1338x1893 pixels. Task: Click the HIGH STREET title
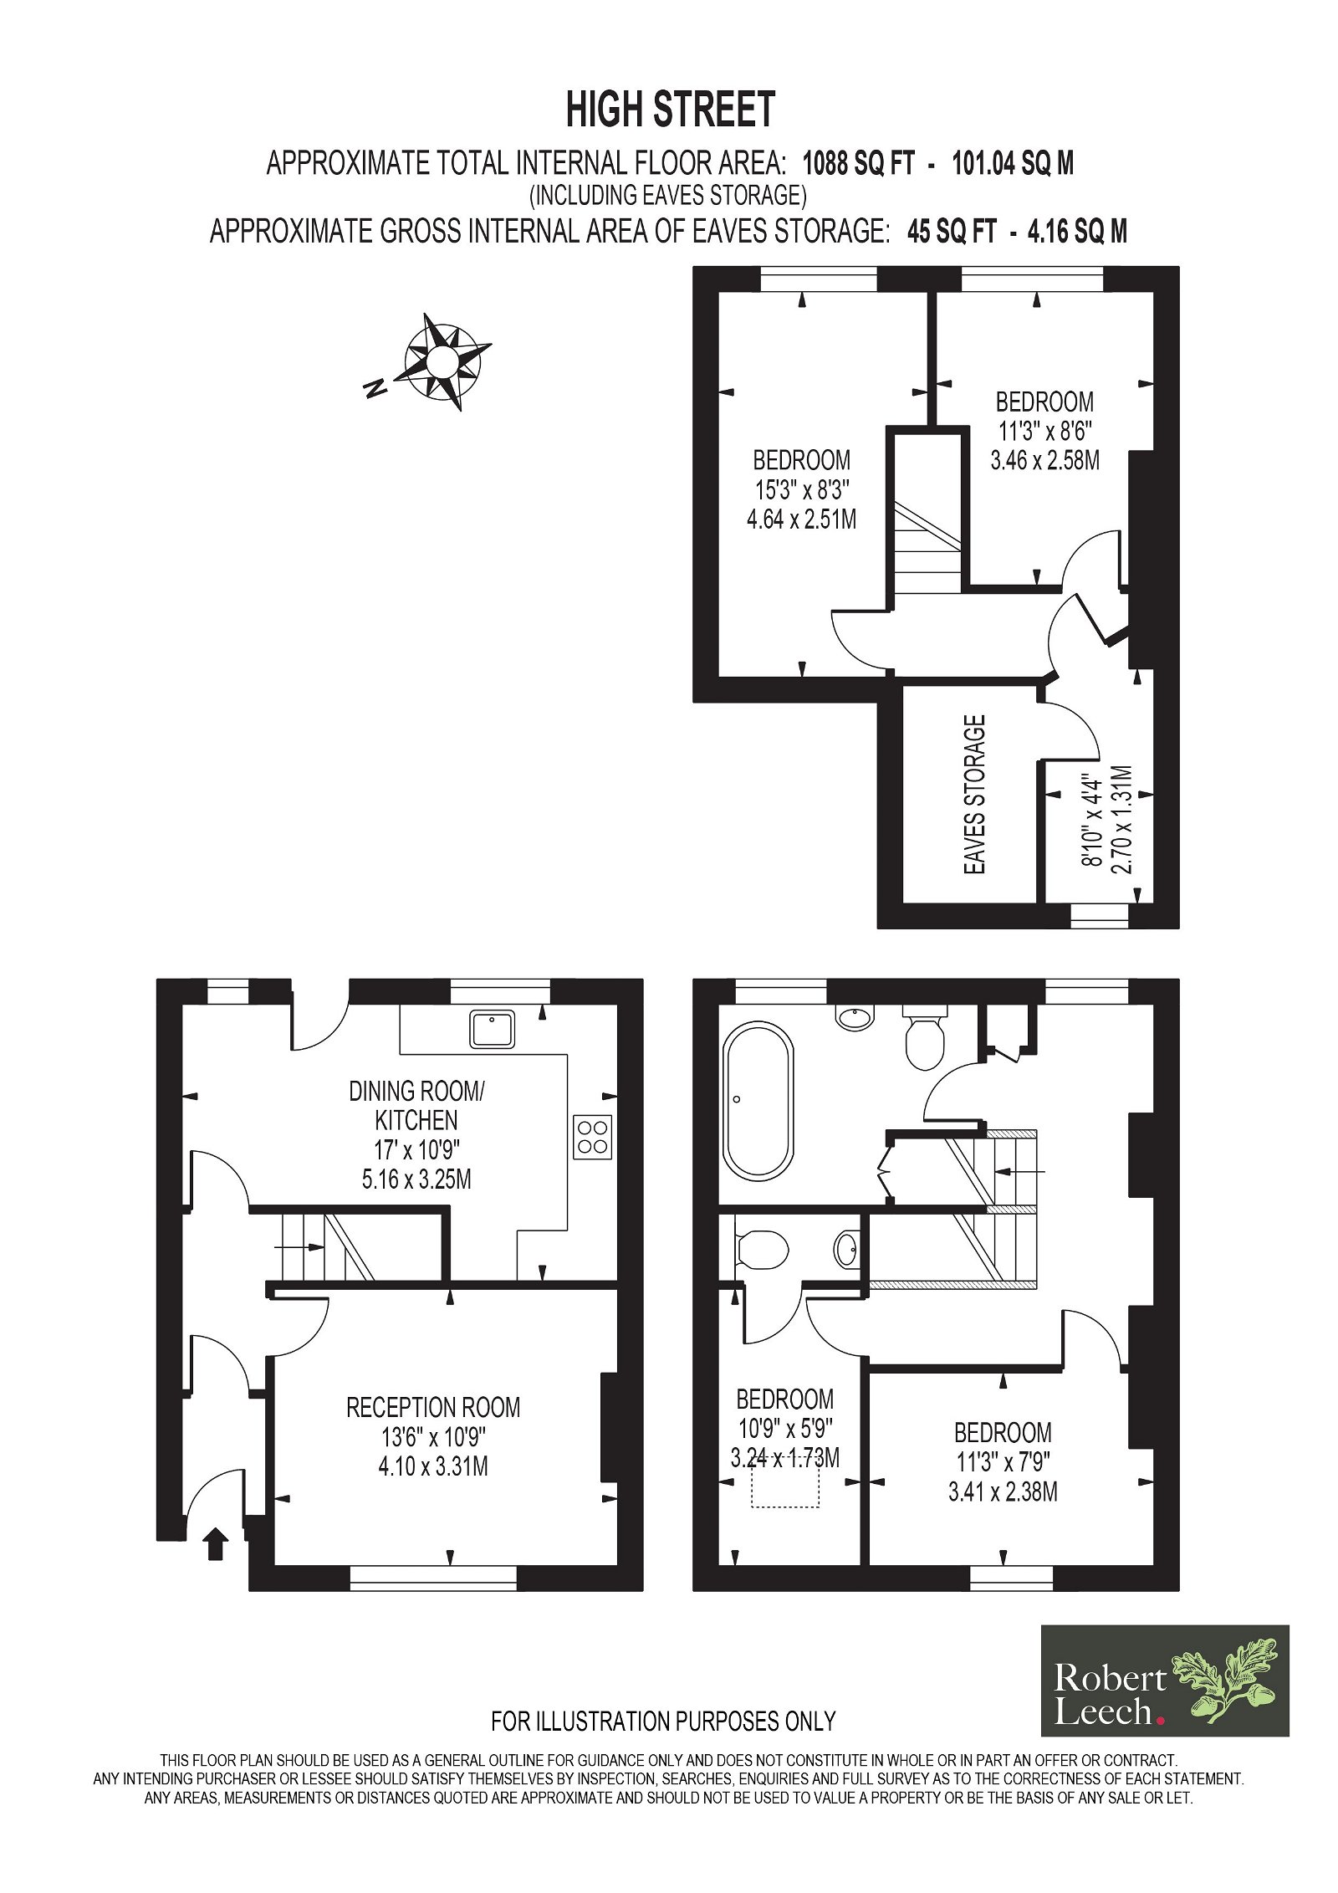(x=670, y=110)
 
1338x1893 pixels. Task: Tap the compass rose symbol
(x=444, y=361)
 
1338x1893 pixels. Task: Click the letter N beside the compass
(x=375, y=387)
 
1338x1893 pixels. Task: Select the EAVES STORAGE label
(x=975, y=795)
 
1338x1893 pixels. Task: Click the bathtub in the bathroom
(x=757, y=1101)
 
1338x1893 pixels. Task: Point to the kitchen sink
(x=492, y=1028)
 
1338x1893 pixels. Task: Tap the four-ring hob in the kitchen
(x=592, y=1137)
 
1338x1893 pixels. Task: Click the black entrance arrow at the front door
(x=216, y=1543)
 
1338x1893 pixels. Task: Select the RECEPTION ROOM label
(x=433, y=1407)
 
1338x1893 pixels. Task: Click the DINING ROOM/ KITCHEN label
(x=416, y=1105)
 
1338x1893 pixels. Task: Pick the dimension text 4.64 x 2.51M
(x=801, y=519)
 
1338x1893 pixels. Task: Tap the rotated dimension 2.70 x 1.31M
(x=1121, y=820)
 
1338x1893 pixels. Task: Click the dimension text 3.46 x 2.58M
(x=1044, y=460)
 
